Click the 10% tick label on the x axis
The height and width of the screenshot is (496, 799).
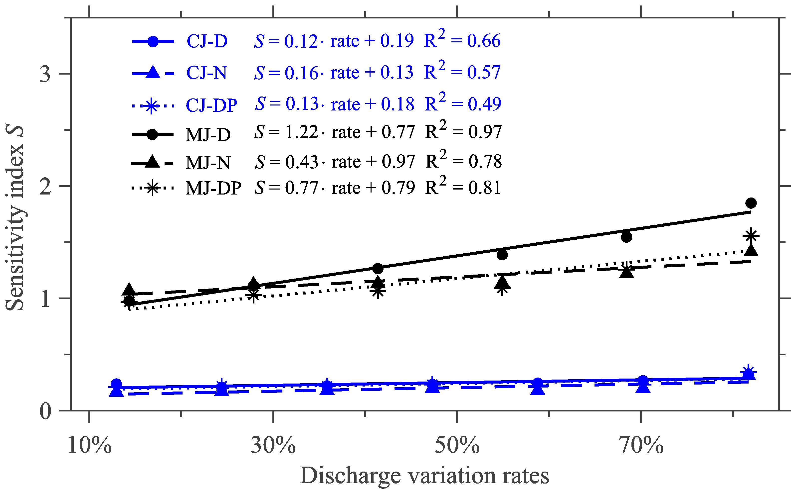click(x=90, y=445)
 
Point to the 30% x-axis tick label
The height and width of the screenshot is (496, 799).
click(x=273, y=445)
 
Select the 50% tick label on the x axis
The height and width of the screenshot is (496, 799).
click(x=457, y=445)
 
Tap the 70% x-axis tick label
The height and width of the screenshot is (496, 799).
click(x=641, y=445)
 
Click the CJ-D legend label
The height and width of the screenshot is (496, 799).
click(x=207, y=42)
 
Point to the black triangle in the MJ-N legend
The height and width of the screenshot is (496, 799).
click(x=152, y=162)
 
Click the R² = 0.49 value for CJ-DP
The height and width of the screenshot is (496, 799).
click(x=463, y=103)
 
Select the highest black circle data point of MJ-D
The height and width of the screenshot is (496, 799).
click(x=751, y=203)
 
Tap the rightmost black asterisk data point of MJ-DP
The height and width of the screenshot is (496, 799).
click(x=751, y=236)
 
